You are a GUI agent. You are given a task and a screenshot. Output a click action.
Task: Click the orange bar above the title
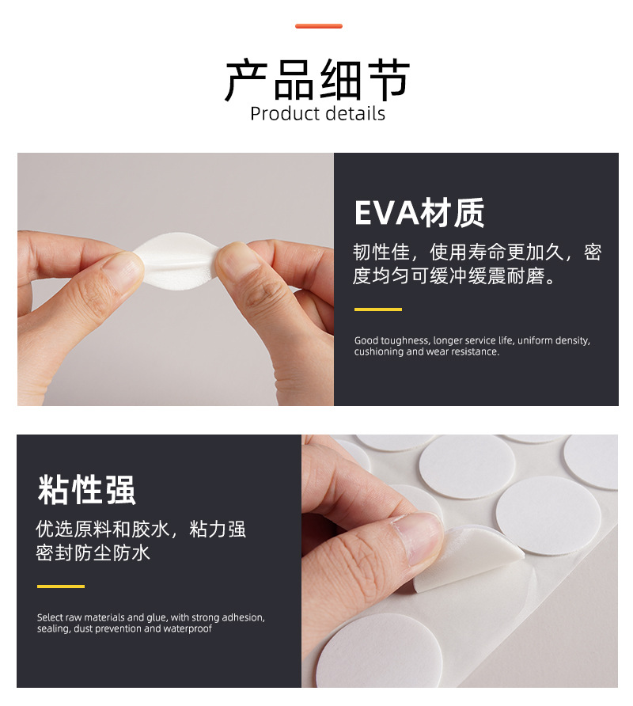[x=318, y=26]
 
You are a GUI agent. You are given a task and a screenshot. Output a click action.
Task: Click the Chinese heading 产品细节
[x=317, y=80]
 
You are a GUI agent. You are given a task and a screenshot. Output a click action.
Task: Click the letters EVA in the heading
[x=387, y=213]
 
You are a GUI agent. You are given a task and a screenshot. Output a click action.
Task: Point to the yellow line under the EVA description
[x=377, y=309]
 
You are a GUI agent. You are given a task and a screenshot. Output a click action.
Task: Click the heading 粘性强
[x=86, y=490]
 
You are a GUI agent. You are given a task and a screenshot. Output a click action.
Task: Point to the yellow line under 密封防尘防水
[x=61, y=586]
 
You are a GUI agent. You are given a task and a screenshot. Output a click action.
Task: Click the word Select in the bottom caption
[x=51, y=617]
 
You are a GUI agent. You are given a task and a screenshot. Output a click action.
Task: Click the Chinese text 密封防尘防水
[x=93, y=553]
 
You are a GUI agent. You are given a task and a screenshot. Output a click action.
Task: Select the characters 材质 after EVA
[x=453, y=213]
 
